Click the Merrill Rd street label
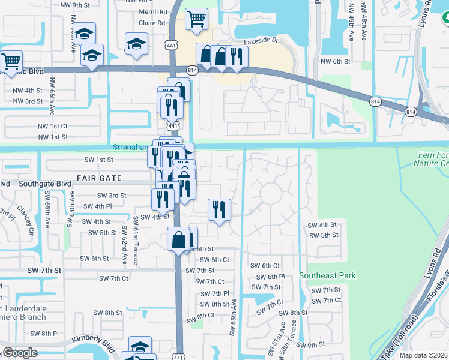(153, 12)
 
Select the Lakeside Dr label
(262, 42)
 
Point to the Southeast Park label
(328, 276)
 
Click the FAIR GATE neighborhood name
(99, 178)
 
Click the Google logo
(19, 353)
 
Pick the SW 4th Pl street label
(98, 206)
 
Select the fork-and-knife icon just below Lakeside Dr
(236, 56)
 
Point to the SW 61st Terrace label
(136, 240)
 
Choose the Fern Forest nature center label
(432, 159)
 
